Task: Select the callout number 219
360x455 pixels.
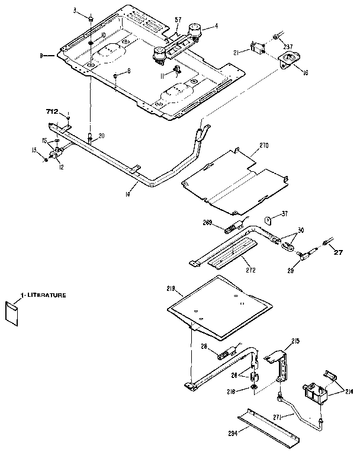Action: coord(171,289)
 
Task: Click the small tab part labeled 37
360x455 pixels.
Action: coord(268,221)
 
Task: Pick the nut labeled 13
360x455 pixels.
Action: coord(46,159)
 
